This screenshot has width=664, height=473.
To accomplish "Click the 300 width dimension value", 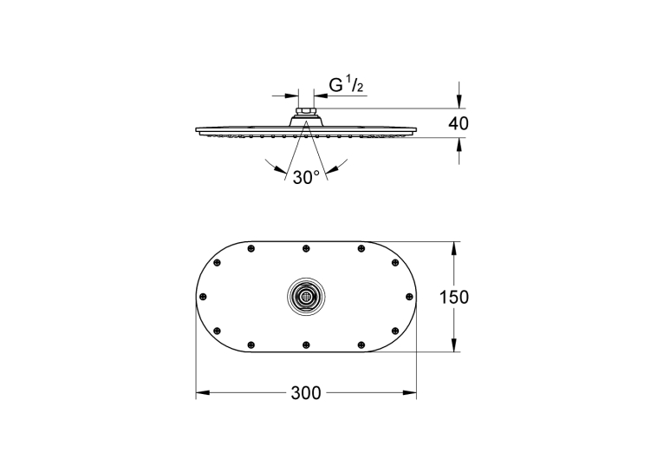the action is [306, 393].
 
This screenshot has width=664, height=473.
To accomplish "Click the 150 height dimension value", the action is [454, 297].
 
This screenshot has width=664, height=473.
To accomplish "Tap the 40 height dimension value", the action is [459, 124].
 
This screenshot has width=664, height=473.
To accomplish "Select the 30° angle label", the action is [306, 178].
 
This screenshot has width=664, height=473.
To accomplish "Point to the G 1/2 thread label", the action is [347, 85].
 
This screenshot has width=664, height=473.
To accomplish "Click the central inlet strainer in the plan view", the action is [306, 297].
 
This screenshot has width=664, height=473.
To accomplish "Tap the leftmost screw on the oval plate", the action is [203, 296].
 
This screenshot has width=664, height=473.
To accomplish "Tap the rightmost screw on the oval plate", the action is [409, 296].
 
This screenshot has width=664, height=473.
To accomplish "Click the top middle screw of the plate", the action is [306, 248].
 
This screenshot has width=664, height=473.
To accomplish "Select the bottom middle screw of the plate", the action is [306, 345].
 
